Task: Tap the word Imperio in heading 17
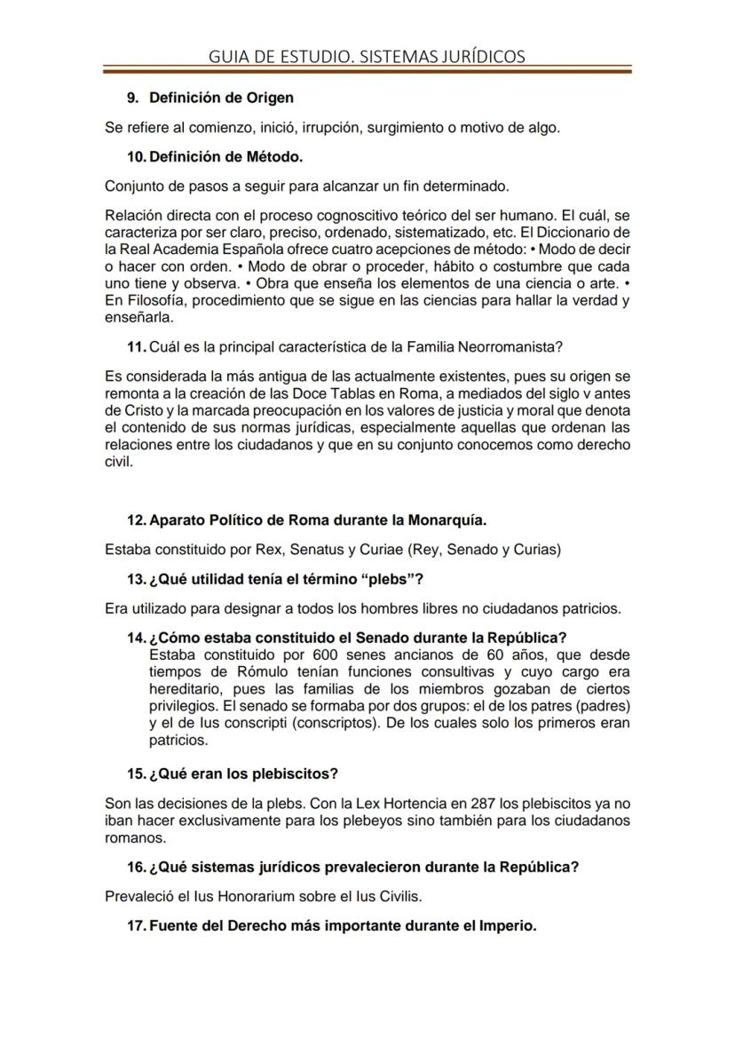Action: click(505, 925)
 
